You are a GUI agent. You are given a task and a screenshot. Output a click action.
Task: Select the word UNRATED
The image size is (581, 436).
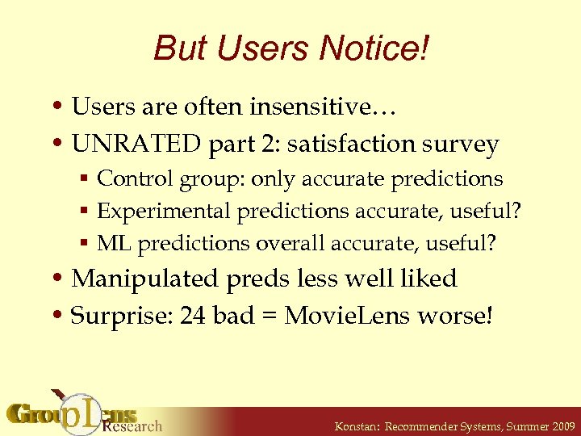click(136, 145)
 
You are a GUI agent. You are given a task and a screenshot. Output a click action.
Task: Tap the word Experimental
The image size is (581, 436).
click(163, 212)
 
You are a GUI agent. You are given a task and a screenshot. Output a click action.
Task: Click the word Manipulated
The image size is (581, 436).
click(145, 279)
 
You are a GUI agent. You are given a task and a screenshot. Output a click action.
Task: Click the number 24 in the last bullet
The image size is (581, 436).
click(193, 315)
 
